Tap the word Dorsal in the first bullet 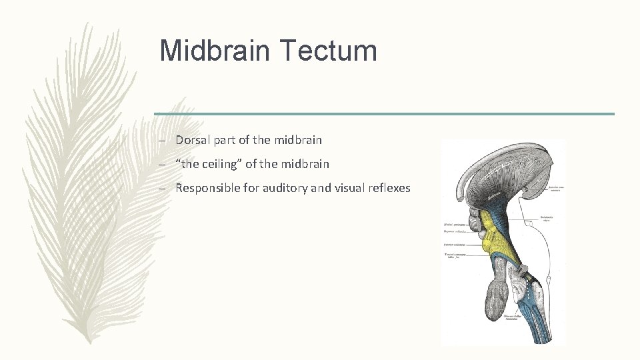(191, 140)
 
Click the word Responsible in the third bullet (206, 188)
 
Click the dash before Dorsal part (162, 141)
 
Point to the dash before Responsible (162, 189)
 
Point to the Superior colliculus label (455, 232)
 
